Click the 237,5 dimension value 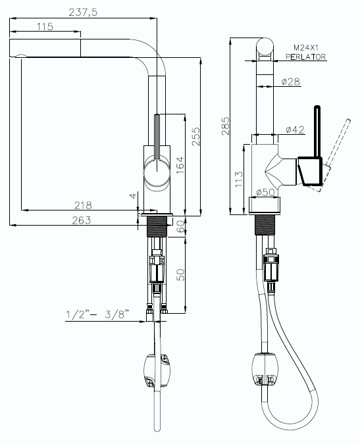click(83, 12)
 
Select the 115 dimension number click(45, 26)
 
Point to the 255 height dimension click(195, 136)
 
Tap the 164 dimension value click(180, 165)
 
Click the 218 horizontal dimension click(83, 205)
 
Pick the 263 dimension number click(82, 220)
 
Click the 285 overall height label click(226, 126)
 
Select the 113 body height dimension click(239, 178)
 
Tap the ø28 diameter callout click(291, 82)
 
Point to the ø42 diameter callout click(295, 130)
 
